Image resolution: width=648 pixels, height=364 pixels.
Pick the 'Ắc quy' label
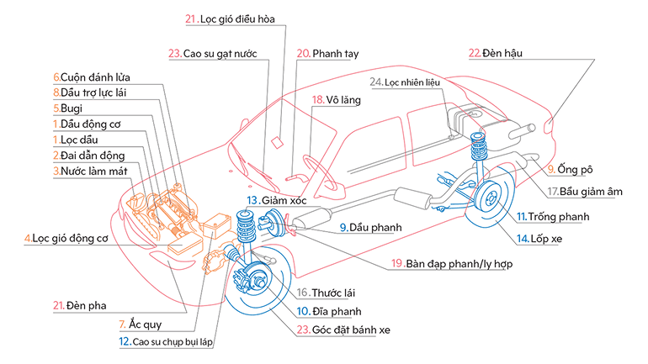point(140,324)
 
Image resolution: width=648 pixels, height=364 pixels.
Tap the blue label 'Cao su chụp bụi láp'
point(172,342)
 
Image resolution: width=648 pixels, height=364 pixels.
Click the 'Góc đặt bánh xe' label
point(341,330)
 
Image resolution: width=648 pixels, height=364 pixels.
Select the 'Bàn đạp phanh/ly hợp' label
point(459,263)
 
